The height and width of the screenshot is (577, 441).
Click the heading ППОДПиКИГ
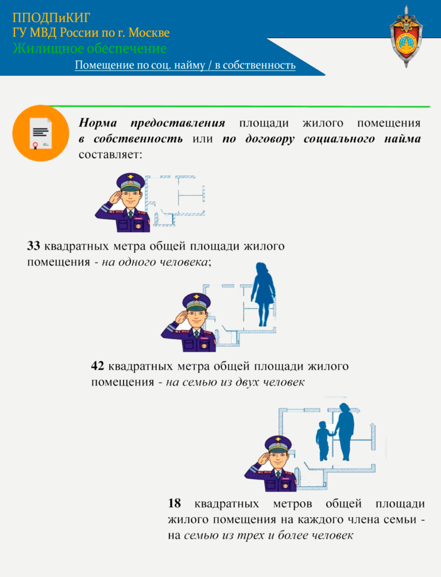click(x=51, y=17)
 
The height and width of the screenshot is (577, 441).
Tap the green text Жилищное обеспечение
click(x=90, y=49)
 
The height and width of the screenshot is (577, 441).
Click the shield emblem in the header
click(x=406, y=36)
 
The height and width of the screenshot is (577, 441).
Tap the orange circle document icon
click(x=41, y=133)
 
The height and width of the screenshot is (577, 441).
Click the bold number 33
click(x=33, y=246)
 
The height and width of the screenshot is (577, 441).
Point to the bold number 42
click(x=98, y=366)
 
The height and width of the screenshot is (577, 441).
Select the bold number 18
click(x=175, y=503)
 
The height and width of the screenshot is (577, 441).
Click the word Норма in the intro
click(x=98, y=123)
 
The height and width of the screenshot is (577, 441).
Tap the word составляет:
click(x=110, y=154)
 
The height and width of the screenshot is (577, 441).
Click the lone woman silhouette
click(x=263, y=294)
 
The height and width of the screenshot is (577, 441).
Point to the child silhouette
click(x=323, y=441)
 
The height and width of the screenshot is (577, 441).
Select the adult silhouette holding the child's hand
click(x=344, y=432)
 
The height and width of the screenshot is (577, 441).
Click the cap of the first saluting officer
click(x=130, y=181)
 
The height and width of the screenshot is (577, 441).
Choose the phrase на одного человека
click(x=154, y=262)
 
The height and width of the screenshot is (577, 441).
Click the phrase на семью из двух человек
click(x=235, y=382)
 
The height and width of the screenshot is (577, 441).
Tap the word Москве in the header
click(x=149, y=33)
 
